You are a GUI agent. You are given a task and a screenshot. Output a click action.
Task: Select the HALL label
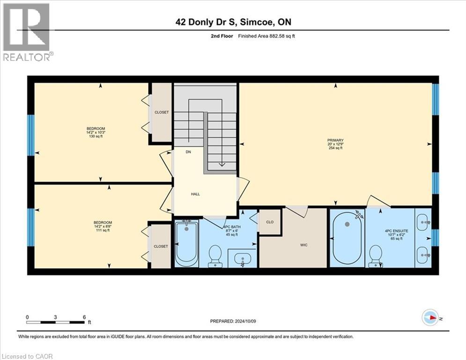pos(195,194)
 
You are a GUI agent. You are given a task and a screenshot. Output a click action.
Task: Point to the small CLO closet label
pos(270,222)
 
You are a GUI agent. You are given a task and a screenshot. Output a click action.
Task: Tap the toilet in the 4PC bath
pos(215,255)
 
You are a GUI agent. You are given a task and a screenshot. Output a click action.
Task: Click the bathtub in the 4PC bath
pos(187,244)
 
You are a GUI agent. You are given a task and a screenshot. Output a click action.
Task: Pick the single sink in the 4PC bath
pos(243,258)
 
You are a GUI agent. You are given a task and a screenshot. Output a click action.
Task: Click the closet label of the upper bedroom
pos(162,112)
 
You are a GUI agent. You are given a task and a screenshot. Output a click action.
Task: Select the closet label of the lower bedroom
pos(161,247)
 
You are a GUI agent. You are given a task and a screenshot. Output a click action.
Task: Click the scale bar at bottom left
pos(57,322)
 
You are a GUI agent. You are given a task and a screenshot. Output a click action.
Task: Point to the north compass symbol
pos(430,318)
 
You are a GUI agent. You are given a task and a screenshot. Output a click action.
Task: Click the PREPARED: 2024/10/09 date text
pos(233,322)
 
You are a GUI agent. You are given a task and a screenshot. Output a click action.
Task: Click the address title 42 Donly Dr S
pos(233,22)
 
